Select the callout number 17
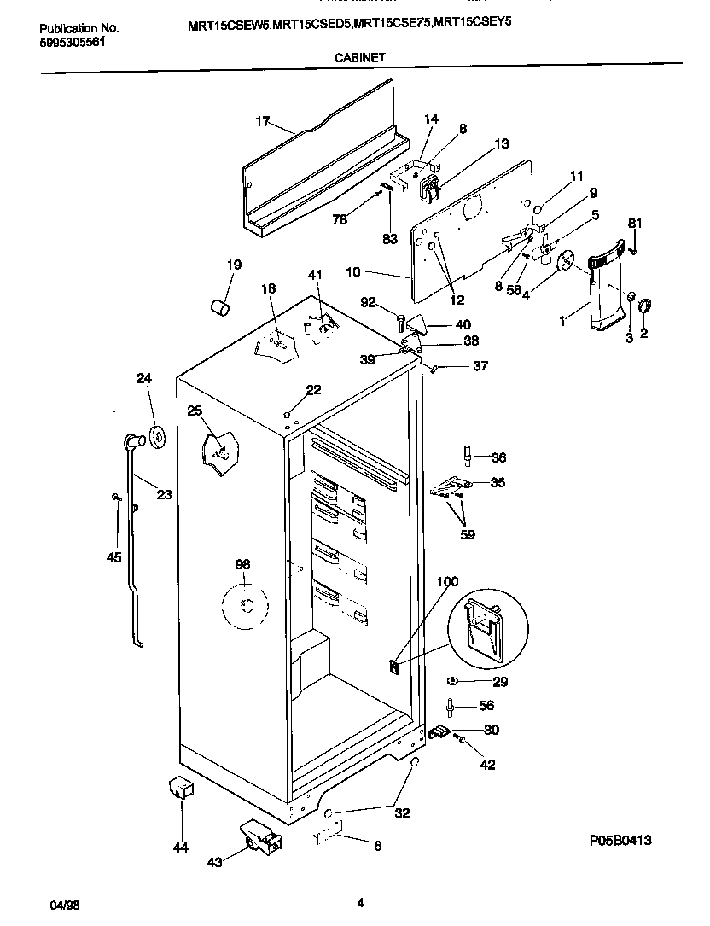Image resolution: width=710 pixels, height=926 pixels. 263,122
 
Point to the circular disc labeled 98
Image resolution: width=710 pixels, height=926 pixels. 244,606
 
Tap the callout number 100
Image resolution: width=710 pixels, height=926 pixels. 447,582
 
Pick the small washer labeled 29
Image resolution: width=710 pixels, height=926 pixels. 453,681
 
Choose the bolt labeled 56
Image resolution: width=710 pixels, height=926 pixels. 449,706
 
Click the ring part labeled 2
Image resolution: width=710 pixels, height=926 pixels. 644,304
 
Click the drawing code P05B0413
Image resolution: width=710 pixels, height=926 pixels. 620,840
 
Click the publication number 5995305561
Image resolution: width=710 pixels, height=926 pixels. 73,41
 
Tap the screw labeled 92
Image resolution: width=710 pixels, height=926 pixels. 401,322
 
